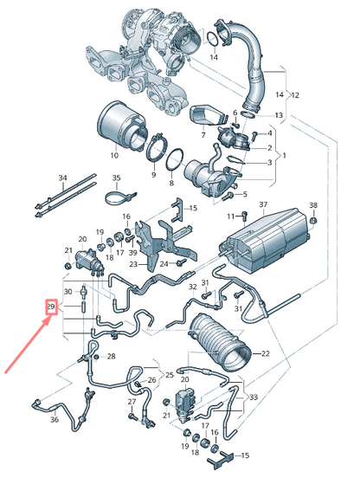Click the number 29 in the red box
[51, 307]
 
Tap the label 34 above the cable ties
[61, 178]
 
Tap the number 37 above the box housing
[256, 205]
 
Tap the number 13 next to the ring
[279, 114]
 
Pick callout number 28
[110, 357]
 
